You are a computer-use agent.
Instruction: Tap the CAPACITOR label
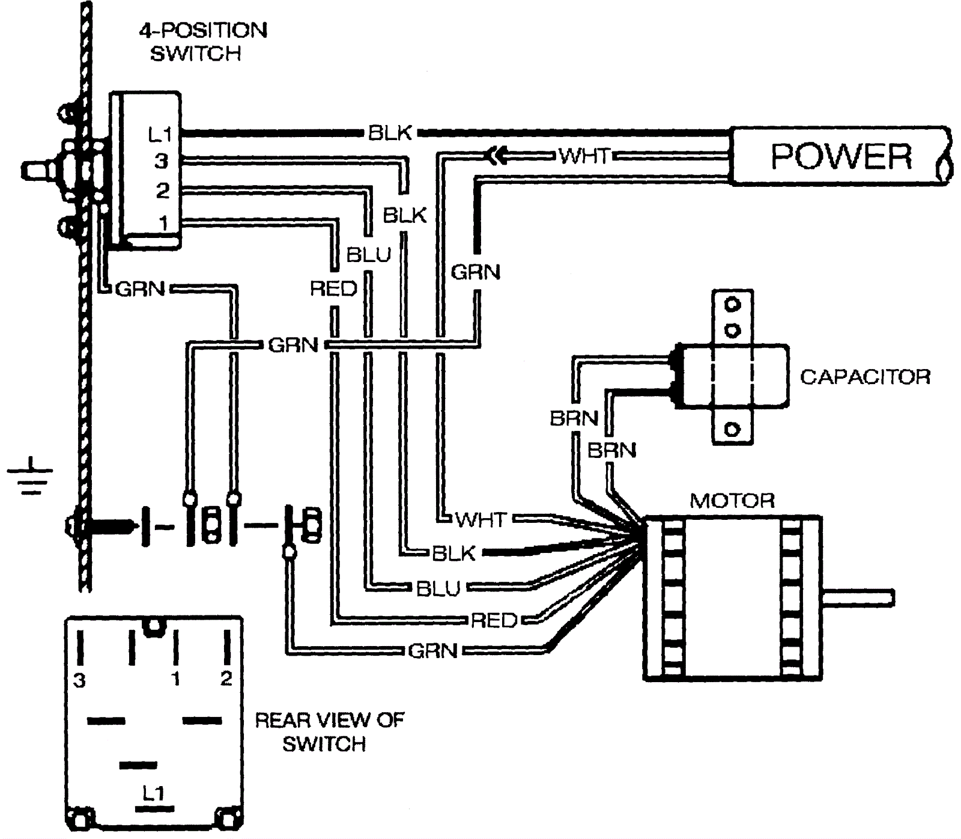(x=865, y=377)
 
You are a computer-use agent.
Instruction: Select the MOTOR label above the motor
(x=732, y=501)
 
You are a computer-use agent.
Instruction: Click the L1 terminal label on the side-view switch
(x=160, y=135)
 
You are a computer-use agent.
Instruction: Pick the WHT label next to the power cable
(x=584, y=156)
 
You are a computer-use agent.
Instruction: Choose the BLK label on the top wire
(x=390, y=133)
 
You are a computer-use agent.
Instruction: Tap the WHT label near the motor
(x=481, y=519)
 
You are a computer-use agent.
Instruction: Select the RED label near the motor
(x=494, y=620)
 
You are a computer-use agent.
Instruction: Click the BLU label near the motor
(x=438, y=588)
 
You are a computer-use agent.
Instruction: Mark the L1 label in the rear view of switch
(x=153, y=793)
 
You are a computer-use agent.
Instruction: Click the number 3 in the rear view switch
(x=79, y=680)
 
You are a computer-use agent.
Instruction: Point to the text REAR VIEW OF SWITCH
(x=329, y=731)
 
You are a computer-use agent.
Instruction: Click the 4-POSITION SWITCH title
(x=203, y=41)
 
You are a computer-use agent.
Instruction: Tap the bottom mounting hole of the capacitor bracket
(x=732, y=429)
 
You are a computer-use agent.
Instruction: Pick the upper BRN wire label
(x=574, y=418)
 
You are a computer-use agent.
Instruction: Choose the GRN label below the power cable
(x=475, y=272)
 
